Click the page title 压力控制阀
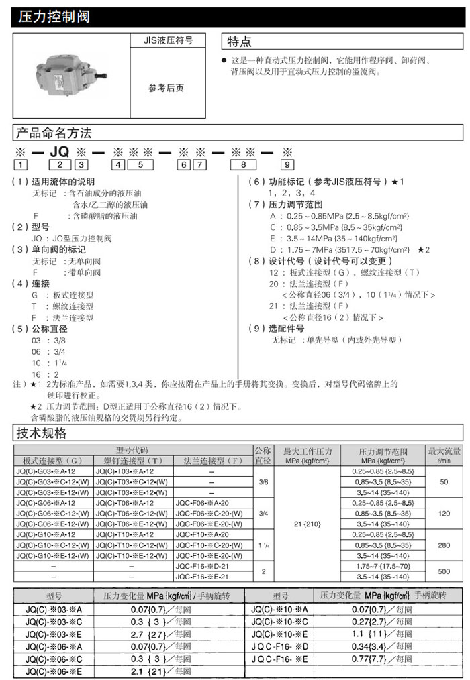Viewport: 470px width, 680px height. (51, 17)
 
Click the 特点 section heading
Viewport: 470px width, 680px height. (240, 42)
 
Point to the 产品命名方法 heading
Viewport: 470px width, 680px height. (54, 132)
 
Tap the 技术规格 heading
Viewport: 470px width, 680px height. (42, 433)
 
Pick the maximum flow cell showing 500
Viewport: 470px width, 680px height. (444, 571)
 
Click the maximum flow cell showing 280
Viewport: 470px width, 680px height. (444, 545)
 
